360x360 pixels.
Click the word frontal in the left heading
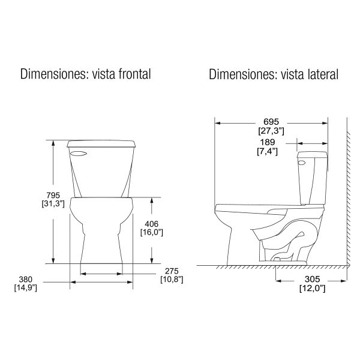(x=135, y=74)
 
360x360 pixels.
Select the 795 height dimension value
(x=53, y=195)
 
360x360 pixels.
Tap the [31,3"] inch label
(x=53, y=203)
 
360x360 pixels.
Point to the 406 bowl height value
(x=152, y=224)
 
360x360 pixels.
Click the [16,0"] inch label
(x=152, y=232)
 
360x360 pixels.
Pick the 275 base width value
(x=172, y=271)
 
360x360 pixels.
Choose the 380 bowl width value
(x=25, y=280)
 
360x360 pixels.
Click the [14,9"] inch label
(x=25, y=288)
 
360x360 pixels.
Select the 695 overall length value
(x=271, y=122)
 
